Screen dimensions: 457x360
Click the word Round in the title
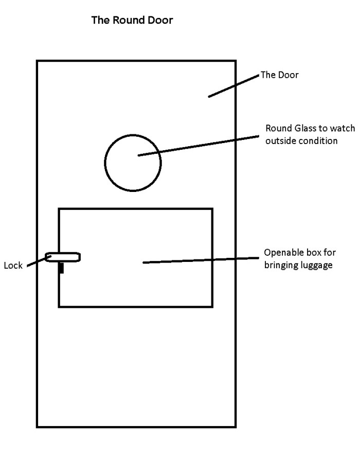coord(124,21)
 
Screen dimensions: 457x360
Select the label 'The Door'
coord(279,75)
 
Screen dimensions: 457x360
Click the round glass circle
coord(133,163)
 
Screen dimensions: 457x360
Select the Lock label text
coord(13,266)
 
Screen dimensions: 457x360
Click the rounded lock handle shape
coord(63,257)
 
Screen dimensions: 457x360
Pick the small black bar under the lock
coord(61,268)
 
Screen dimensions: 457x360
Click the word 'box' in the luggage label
coord(310,254)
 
